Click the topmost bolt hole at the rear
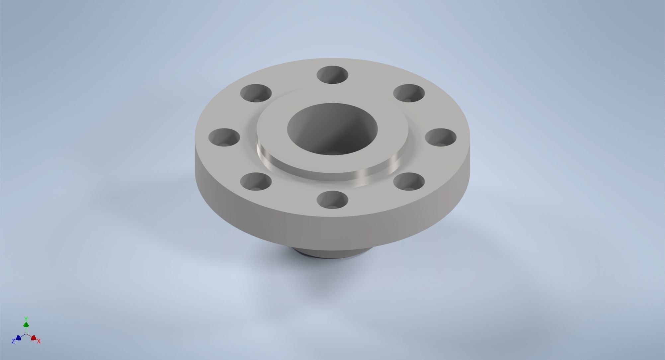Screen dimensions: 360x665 coord(332,75)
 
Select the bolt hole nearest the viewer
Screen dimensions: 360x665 coord(332,200)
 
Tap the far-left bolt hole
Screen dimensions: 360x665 coord(224,137)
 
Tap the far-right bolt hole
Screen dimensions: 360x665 coord(441,137)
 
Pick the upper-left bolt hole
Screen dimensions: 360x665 coord(256,93)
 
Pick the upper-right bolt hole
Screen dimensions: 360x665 coord(409,93)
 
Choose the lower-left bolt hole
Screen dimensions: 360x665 coord(256,181)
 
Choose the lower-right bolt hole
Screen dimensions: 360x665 coord(409,181)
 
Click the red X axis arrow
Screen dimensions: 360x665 coord(33,338)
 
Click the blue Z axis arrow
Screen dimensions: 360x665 coord(19,338)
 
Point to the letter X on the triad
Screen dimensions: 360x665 coord(39,341)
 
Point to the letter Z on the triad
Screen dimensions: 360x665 coord(13,341)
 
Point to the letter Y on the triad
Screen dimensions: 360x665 coord(26,318)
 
